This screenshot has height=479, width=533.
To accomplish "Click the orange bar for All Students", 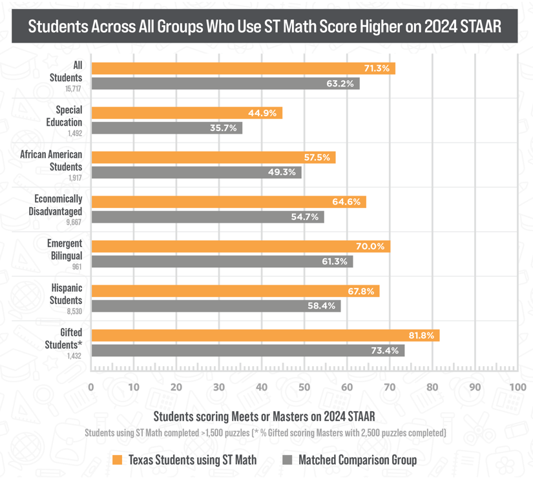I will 243,68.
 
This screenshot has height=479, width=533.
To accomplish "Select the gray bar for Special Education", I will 167,128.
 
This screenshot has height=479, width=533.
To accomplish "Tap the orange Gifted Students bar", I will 265,336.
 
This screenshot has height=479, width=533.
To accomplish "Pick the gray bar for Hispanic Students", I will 216,306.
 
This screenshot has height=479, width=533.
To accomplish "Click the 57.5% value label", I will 317,158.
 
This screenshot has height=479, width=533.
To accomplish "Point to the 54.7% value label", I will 305,217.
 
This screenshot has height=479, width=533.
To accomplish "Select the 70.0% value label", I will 370,247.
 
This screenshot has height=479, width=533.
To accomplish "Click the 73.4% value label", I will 386,351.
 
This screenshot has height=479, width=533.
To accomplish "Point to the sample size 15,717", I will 74,88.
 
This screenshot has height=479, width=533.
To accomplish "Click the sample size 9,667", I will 72,221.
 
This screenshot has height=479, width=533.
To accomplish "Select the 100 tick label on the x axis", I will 517,387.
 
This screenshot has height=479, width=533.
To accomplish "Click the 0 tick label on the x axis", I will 91,387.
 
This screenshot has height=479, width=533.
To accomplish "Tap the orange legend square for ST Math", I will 117,460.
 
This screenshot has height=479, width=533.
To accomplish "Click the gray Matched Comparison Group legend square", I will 288,460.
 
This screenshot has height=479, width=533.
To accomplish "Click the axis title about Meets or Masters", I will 264,414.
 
